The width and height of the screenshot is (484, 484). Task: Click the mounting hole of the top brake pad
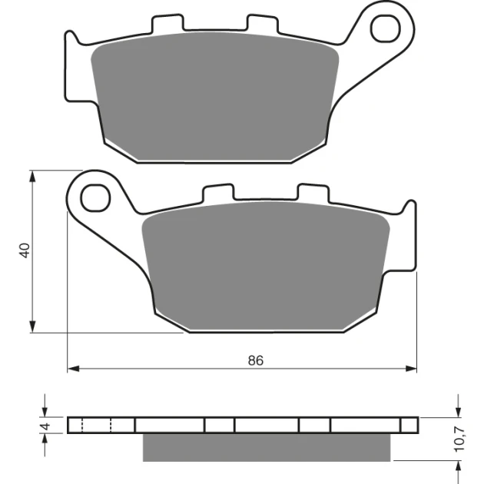(385, 29)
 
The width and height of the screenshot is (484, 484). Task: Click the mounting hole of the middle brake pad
(95, 197)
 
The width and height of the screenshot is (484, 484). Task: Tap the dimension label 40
(25, 250)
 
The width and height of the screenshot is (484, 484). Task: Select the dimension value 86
(256, 360)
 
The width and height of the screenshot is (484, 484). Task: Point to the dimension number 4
(45, 426)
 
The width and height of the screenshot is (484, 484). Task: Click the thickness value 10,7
(459, 439)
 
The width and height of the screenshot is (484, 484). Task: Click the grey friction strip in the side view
(267, 447)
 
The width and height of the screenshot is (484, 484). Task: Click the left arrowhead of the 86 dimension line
(73, 369)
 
